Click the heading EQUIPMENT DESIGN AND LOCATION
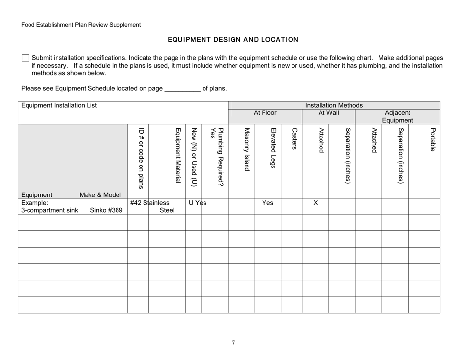233,39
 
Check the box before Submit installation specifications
26,58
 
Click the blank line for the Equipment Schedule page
182,89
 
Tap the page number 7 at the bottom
233,343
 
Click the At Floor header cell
265,112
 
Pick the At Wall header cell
328,112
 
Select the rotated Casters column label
294,140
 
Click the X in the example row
316,202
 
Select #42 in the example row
136,202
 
